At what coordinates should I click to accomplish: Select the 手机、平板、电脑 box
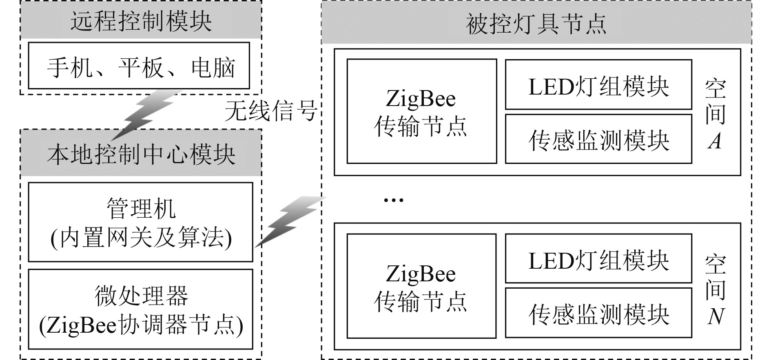(139, 66)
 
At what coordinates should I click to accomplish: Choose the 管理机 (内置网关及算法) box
(140, 222)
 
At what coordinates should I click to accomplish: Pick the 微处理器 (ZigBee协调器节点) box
(140, 309)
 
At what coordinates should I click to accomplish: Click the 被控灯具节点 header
(536, 24)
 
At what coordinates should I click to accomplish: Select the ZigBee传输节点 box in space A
(421, 111)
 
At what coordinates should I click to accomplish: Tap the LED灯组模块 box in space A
(598, 85)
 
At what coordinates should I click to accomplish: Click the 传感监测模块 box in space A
(598, 139)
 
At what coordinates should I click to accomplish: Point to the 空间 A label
(715, 114)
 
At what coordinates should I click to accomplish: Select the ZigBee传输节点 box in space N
(421, 286)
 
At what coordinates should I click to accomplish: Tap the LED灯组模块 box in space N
(598, 259)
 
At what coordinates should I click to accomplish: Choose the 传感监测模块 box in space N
(598, 313)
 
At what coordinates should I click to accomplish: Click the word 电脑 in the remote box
(213, 67)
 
